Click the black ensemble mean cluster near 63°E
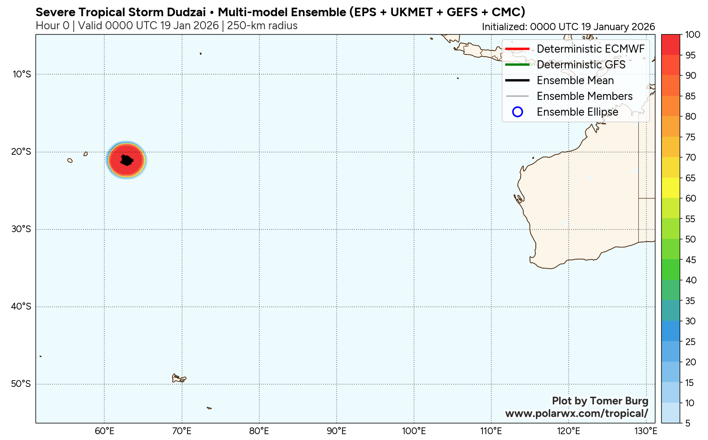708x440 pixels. (127, 160)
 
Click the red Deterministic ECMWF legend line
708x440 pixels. (517, 49)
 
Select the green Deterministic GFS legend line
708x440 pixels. (517, 64)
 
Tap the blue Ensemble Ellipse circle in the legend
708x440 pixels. (517, 112)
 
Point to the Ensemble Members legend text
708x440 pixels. (584, 96)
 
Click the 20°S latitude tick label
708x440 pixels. (22, 152)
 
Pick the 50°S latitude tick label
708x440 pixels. (22, 384)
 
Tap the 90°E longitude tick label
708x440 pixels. (336, 431)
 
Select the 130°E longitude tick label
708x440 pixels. (646, 431)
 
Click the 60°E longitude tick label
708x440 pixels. (104, 431)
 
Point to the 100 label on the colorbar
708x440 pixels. (693, 35)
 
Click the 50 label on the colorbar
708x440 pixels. (690, 239)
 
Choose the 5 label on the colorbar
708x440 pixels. (688, 423)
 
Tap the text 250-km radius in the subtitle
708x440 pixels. (262, 26)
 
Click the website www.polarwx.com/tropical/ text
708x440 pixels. (577, 413)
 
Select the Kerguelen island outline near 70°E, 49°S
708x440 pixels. (178, 378)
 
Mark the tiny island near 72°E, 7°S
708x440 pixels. (200, 54)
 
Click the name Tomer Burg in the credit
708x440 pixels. (619, 401)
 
